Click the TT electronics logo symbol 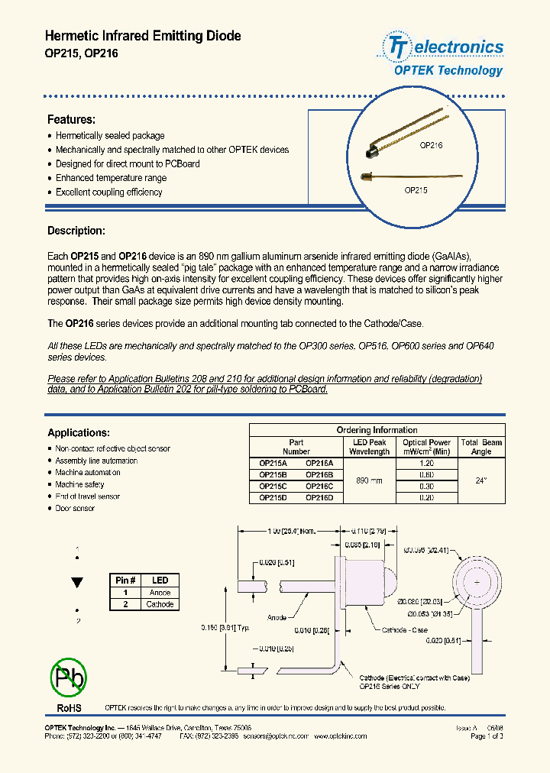coord(396,47)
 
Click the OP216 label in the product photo coord(431,144)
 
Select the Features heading coord(71,120)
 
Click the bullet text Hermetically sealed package coord(110,136)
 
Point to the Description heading coord(76,231)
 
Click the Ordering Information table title coord(377,430)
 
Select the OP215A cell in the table coord(273,463)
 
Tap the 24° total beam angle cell coord(481,480)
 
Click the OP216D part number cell coord(319,498)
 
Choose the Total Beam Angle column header coord(481,447)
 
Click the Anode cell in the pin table coord(160,593)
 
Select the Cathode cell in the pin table coord(160,604)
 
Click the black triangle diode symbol coord(77,582)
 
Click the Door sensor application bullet coord(75,508)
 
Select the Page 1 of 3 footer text coord(487,736)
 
